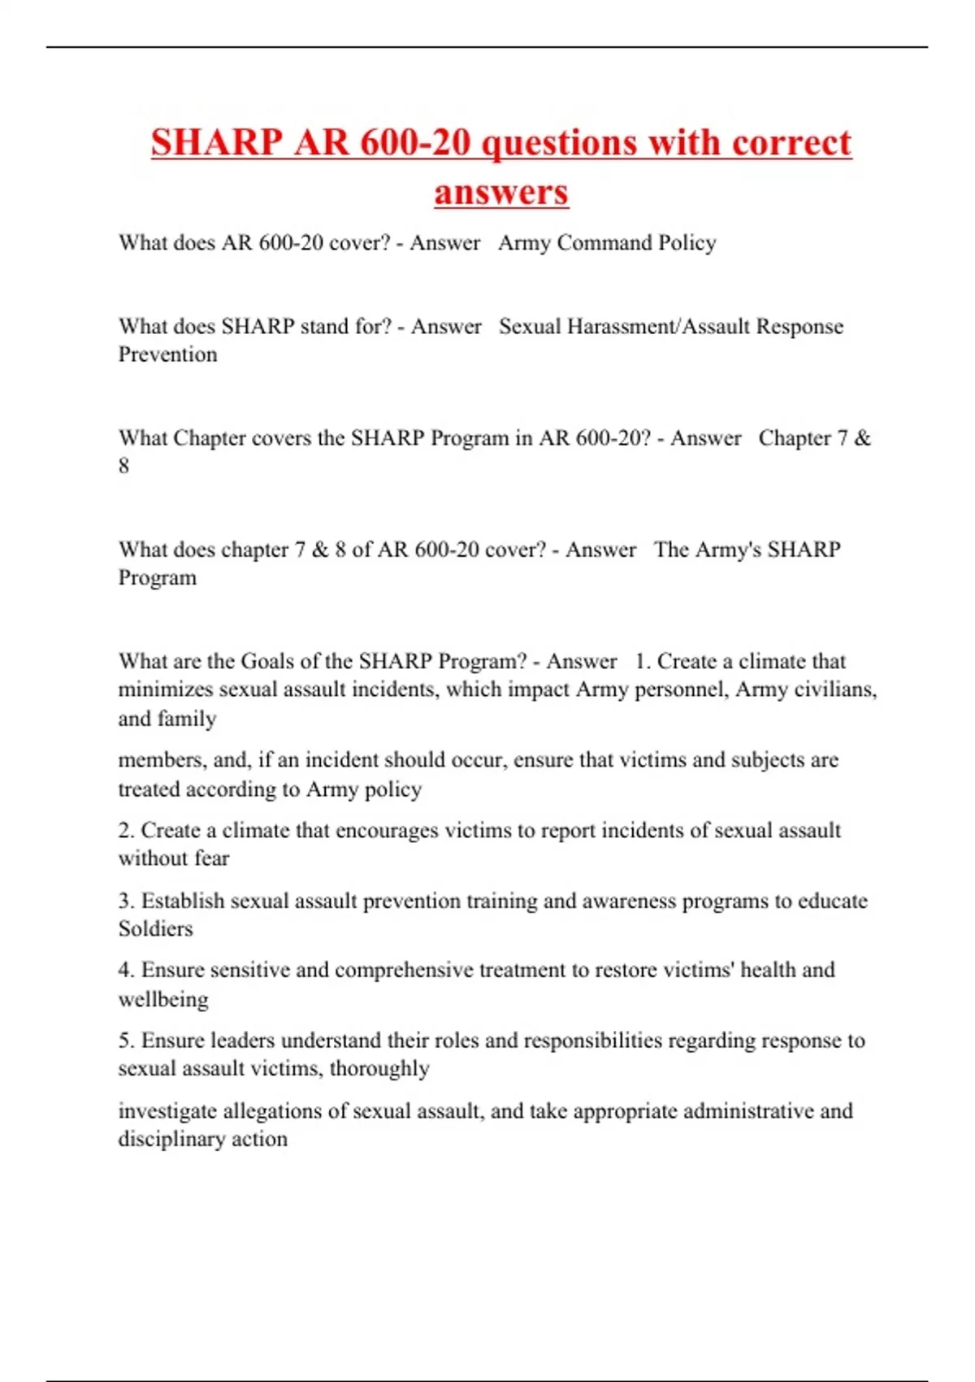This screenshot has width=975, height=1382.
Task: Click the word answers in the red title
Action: click(501, 193)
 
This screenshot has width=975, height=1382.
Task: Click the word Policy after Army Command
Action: click(687, 243)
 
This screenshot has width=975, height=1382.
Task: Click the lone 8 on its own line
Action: click(123, 466)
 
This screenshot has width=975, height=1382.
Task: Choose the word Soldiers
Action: click(156, 928)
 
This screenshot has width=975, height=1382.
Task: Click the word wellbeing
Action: click(163, 999)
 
